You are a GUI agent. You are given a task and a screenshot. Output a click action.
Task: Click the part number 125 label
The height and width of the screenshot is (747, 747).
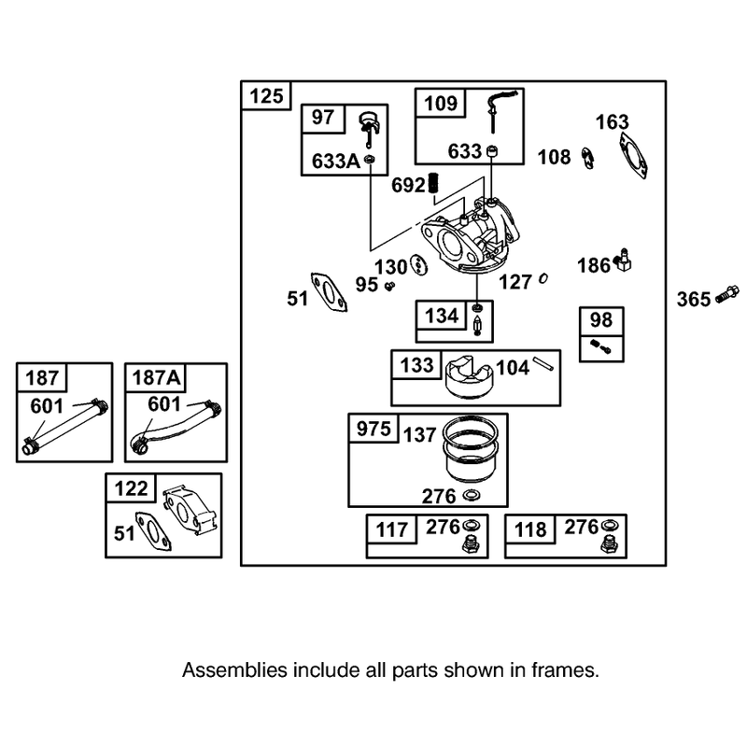point(266,96)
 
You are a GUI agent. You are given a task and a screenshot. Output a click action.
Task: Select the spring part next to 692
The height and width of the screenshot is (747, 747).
point(434,182)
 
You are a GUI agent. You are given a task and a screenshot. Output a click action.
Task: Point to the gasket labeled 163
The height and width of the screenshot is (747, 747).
point(633,155)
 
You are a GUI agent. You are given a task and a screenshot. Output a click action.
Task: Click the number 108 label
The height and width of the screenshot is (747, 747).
point(554,157)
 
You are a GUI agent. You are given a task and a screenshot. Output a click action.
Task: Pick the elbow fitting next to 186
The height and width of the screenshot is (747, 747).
point(621,260)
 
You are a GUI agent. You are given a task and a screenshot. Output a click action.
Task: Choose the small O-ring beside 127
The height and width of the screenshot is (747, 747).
point(543,278)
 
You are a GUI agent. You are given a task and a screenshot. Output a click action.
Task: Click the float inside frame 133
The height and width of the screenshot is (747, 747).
point(470,378)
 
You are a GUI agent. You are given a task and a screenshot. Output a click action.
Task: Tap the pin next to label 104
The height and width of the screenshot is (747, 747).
point(543,364)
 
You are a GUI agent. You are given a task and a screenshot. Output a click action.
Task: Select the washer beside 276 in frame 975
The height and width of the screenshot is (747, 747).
point(472,495)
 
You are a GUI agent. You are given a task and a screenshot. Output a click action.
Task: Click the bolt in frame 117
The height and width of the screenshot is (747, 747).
point(471,543)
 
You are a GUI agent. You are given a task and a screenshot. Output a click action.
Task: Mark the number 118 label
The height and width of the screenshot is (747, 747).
point(530,529)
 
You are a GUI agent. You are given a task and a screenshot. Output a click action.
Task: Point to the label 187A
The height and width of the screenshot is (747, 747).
point(156,378)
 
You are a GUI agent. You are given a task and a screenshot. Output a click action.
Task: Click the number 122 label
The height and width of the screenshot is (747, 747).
point(131,488)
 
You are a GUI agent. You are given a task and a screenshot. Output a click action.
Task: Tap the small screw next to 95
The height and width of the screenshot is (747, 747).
point(390,286)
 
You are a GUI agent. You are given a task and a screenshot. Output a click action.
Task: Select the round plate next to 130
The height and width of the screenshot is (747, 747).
point(418,264)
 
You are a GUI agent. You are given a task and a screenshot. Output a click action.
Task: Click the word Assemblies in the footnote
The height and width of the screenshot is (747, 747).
point(235,670)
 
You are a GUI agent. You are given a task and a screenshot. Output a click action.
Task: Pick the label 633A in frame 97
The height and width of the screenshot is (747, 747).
point(336,161)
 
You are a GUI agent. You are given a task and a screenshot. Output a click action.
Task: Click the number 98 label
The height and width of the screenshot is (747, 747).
point(601,319)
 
